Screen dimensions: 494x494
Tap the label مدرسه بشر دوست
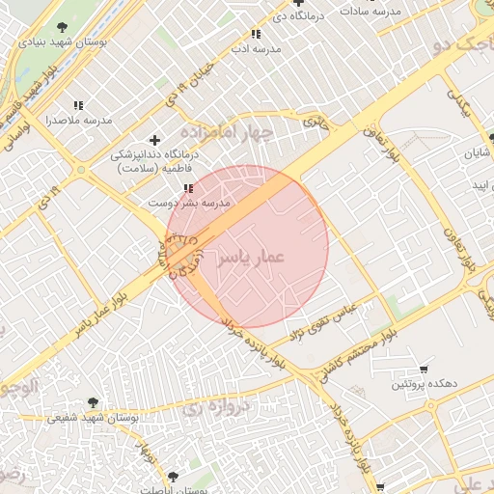[188, 204]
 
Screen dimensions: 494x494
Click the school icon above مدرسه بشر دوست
[188, 188]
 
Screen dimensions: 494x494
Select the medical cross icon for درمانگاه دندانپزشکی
[154, 140]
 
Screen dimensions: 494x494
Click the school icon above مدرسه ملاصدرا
[78, 104]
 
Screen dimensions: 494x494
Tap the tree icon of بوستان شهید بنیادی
[63, 27]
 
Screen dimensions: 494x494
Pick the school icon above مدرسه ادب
[255, 33]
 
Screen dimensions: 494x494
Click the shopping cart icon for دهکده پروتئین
[423, 370]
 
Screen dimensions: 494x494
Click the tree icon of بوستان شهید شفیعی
[93, 402]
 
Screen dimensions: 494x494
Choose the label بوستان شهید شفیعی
[93, 419]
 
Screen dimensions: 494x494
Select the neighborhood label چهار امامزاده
[228, 131]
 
